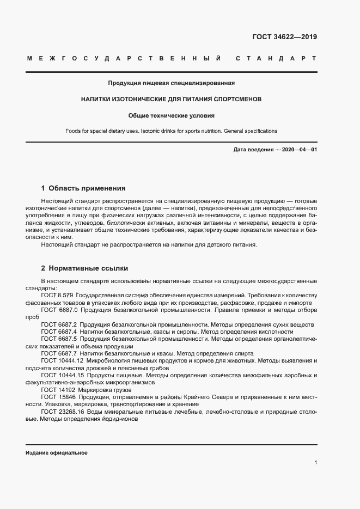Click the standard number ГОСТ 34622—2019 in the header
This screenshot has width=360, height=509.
[284, 38]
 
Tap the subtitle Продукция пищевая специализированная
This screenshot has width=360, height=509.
[171, 83]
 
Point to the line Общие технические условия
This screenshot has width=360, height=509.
[171, 115]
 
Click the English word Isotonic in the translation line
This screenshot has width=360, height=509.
[151, 131]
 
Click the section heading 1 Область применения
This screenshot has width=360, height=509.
[83, 188]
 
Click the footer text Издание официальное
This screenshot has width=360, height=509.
[56, 453]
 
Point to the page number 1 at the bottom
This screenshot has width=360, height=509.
[315, 462]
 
